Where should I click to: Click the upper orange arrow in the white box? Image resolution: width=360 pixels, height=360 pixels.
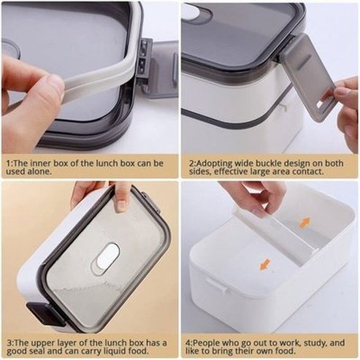tap(304, 222)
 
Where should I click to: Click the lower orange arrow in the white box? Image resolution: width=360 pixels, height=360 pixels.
tap(264, 264)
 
